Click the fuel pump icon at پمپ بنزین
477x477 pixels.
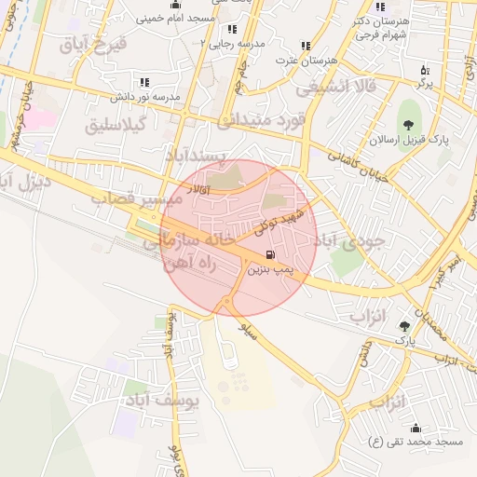point(269,254)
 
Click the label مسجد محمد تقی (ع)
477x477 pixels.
point(416,441)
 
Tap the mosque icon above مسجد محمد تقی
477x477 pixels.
point(415,428)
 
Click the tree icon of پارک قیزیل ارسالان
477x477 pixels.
point(407,125)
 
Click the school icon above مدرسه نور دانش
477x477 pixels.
point(144,83)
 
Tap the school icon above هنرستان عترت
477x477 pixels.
point(306,46)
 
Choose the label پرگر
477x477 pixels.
point(425,84)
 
